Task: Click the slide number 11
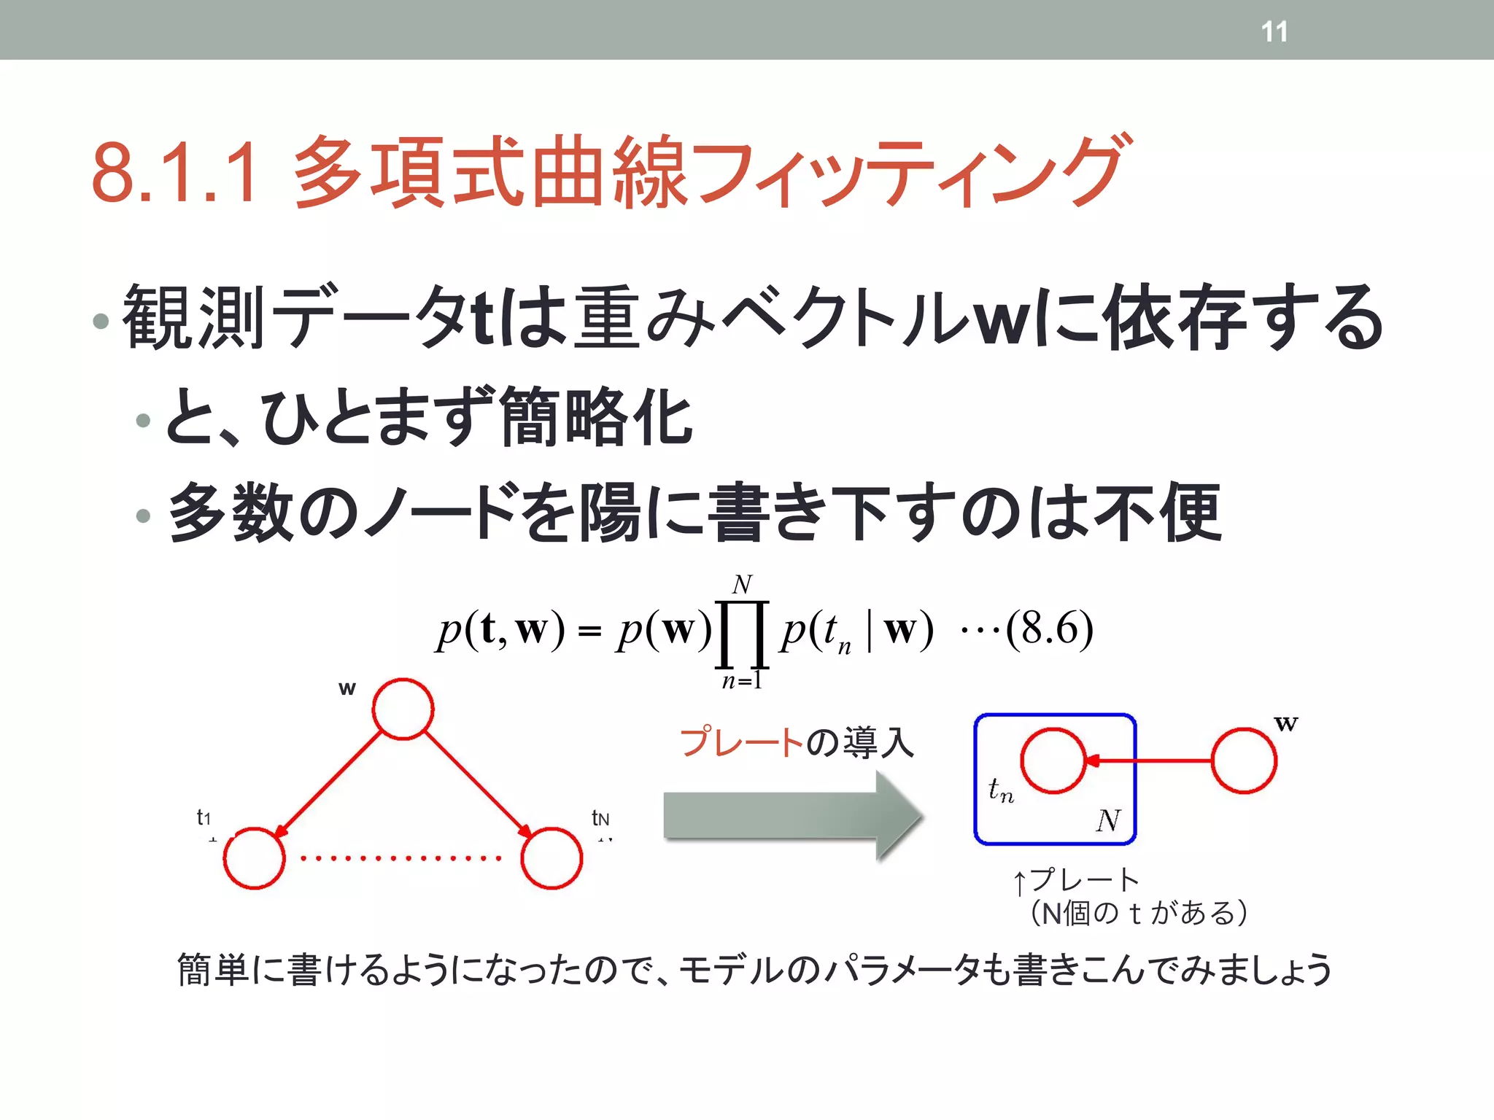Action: point(1274,31)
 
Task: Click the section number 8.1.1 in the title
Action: point(174,173)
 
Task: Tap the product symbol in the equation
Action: point(743,634)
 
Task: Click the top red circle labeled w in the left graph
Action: point(403,709)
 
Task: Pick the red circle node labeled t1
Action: point(254,857)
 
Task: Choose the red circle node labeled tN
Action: point(551,857)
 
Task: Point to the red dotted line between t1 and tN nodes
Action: point(401,858)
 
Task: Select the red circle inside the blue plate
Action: point(1053,760)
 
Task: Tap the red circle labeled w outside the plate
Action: point(1244,761)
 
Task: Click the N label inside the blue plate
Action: point(1108,820)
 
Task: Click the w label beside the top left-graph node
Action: point(347,688)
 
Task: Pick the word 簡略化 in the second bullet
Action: point(595,417)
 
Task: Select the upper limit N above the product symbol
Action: point(742,584)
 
